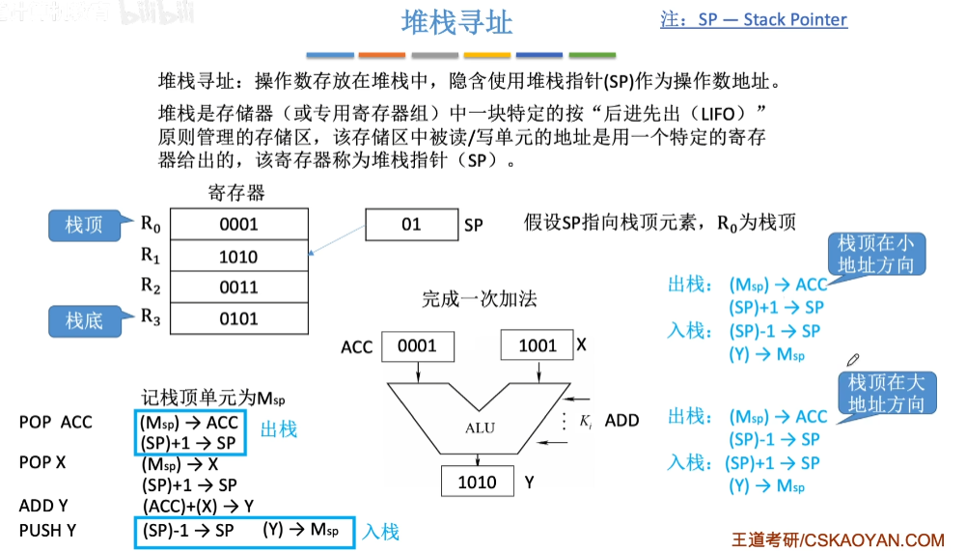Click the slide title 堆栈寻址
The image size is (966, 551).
pyautogui.click(x=456, y=22)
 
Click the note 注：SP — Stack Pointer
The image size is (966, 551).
pyautogui.click(x=754, y=19)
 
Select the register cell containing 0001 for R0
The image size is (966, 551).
pyautogui.click(x=239, y=225)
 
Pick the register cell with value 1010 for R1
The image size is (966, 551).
pyautogui.click(x=239, y=256)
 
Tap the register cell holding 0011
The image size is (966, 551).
pyautogui.click(x=239, y=287)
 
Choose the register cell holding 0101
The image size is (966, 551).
pyautogui.click(x=239, y=317)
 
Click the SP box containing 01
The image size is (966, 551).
pyautogui.click(x=411, y=225)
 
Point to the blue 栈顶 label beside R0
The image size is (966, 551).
pyautogui.click(x=84, y=226)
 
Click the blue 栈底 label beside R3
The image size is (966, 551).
pyautogui.click(x=84, y=320)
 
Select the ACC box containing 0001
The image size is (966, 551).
pyautogui.click(x=417, y=345)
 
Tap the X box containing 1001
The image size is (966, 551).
pyautogui.click(x=537, y=345)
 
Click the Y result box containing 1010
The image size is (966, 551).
pyautogui.click(x=478, y=482)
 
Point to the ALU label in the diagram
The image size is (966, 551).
pyautogui.click(x=480, y=427)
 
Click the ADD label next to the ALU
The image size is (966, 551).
pyautogui.click(x=621, y=420)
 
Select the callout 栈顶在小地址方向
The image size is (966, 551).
pyautogui.click(x=875, y=254)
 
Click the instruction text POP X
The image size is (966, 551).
pyautogui.click(x=42, y=462)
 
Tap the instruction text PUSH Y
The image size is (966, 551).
pyautogui.click(x=47, y=530)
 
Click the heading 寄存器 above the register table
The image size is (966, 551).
pyautogui.click(x=236, y=193)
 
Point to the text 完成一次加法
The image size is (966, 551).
pyautogui.click(x=480, y=299)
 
